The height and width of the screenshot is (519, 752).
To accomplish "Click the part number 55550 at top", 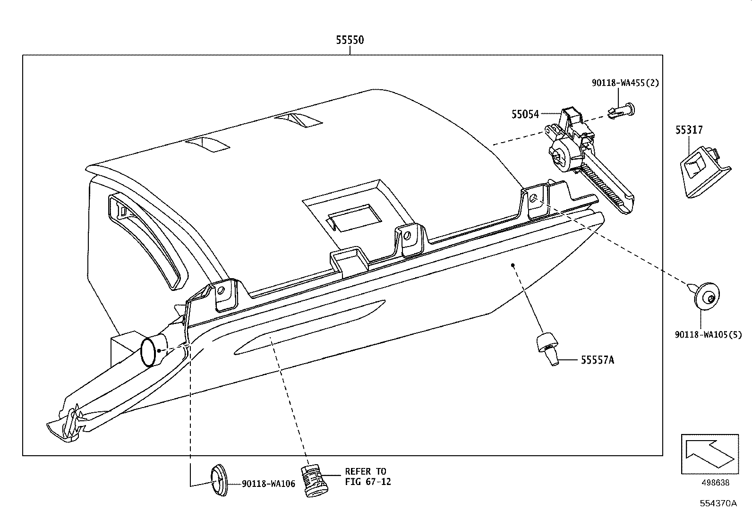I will [350, 40].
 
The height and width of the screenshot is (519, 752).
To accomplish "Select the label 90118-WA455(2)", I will [625, 83].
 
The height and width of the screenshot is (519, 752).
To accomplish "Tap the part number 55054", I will [525, 114].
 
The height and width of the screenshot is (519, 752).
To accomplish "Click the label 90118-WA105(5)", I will [708, 334].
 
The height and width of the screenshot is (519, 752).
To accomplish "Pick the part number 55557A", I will [597, 360].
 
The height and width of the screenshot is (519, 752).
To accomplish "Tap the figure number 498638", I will [714, 483].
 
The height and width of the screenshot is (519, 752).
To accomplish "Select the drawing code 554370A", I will [718, 503].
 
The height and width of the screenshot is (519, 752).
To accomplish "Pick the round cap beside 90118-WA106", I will [218, 481].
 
